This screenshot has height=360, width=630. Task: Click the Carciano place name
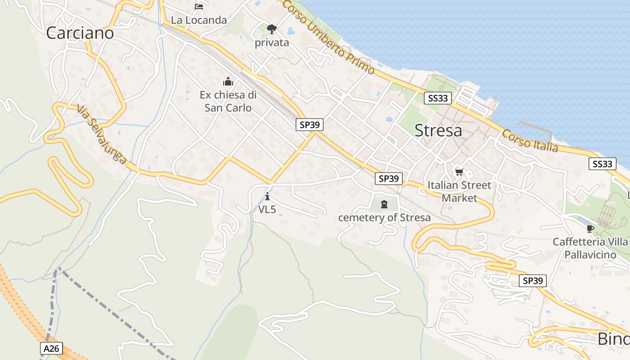coord(80,33)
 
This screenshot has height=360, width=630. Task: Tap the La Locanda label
coord(199,20)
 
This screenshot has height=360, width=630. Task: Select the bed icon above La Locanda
coord(199,6)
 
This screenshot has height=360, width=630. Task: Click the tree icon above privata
coord(271,30)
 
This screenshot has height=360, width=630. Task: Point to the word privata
coord(272,43)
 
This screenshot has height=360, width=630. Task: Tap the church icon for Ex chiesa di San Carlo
coord(228,82)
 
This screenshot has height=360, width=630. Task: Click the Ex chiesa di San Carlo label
coord(228,101)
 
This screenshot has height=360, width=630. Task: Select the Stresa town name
coord(438,130)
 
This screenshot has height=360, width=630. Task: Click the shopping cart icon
coord(459,172)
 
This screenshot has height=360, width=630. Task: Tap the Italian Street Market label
coord(459,191)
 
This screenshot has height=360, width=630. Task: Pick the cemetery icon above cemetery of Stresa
coord(384,204)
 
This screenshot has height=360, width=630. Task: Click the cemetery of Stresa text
coord(384,218)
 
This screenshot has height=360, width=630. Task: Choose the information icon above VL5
coord(267,196)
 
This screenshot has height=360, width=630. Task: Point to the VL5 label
coord(267,209)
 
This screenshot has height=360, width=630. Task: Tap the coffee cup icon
coord(590,229)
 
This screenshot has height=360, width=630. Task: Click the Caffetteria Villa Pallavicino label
coord(590,248)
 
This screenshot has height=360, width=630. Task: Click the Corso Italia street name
coord(530,141)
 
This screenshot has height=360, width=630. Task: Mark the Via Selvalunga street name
coord(101,135)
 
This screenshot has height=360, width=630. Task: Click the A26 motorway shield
coord(51,348)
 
